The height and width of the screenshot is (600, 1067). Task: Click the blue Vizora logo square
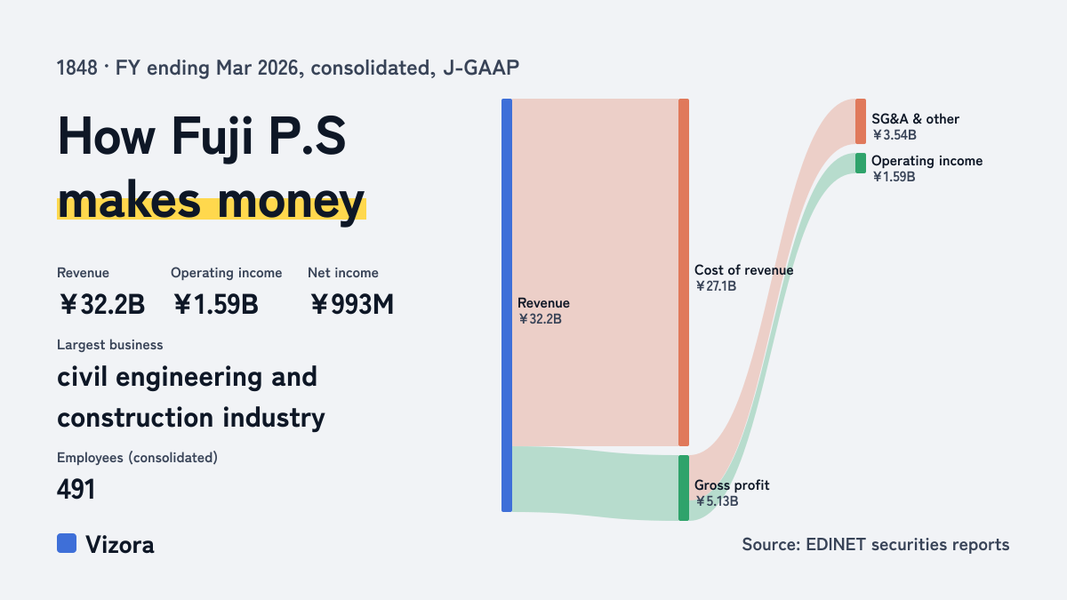tap(67, 543)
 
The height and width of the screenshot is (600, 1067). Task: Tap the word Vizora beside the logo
tap(120, 545)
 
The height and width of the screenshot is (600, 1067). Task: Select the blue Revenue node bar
tap(507, 305)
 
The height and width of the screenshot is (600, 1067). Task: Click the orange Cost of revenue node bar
tap(684, 272)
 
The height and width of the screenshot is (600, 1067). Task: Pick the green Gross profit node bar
tap(684, 488)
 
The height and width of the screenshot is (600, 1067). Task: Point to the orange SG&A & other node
tap(861, 122)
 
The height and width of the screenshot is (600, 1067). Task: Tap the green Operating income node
tap(861, 164)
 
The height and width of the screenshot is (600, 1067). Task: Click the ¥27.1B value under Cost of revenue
tap(716, 286)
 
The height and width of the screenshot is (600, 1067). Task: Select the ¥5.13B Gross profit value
tap(717, 501)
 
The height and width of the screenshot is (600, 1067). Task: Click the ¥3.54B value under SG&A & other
tap(895, 135)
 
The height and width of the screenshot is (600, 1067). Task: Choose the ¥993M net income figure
tap(352, 304)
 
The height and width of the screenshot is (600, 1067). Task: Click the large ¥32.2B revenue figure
tap(102, 304)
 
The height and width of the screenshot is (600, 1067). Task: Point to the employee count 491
tap(76, 490)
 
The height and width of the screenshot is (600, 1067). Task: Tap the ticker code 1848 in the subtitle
tap(76, 68)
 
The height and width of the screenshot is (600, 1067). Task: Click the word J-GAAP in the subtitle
tap(481, 68)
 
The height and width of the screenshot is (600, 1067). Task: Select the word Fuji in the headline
tap(212, 138)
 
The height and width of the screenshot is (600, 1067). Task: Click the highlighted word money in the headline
tap(292, 203)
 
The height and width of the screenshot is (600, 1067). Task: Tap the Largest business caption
tap(110, 345)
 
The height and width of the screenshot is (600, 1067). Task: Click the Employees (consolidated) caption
tap(137, 458)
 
